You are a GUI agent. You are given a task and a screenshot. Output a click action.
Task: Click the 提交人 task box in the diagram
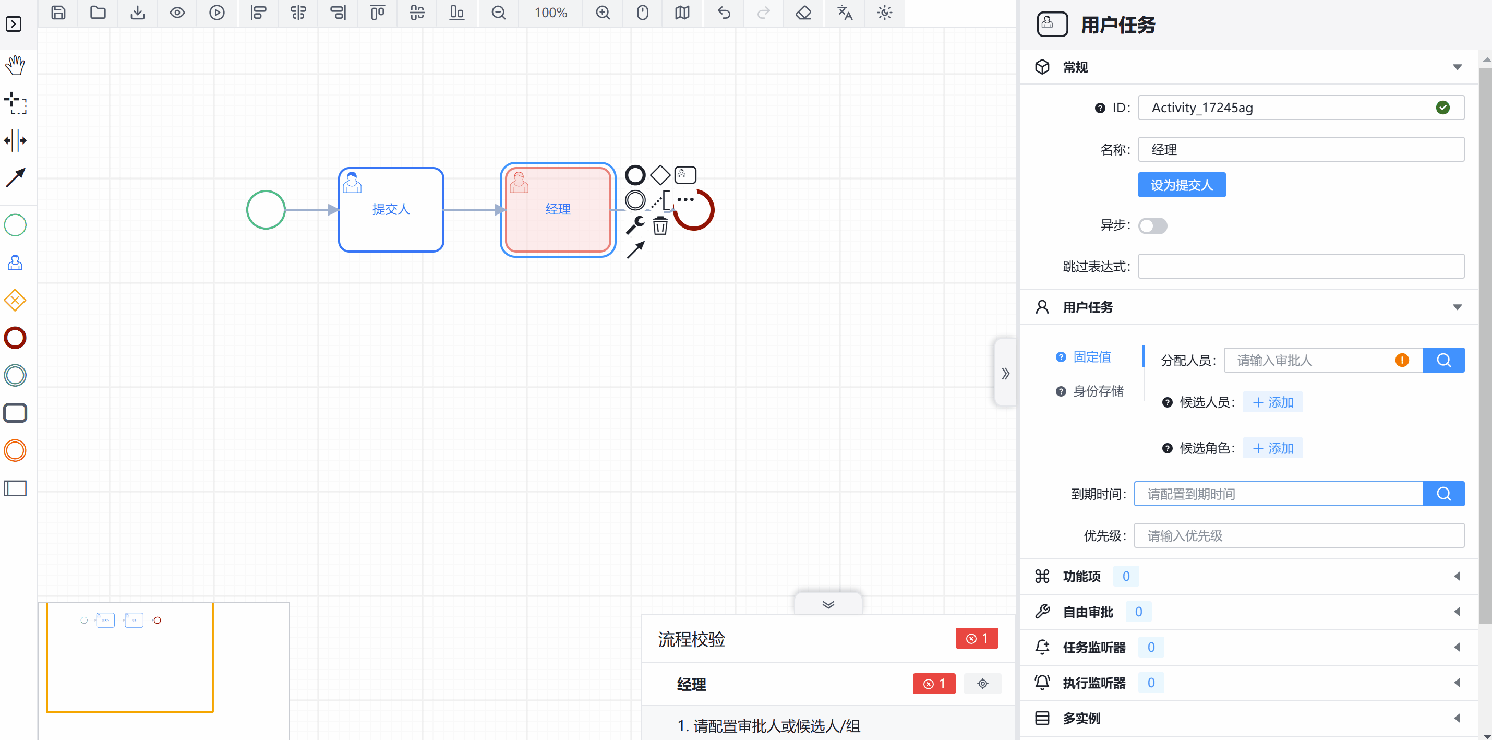(x=391, y=209)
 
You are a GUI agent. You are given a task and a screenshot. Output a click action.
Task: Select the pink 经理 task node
(x=558, y=209)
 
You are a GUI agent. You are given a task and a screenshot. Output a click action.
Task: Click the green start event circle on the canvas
(x=266, y=210)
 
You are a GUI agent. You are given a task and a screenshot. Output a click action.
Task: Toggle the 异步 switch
(x=1152, y=225)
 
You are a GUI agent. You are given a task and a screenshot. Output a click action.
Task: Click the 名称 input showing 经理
(x=1301, y=149)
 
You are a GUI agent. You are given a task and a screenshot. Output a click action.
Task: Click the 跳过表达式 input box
(x=1301, y=267)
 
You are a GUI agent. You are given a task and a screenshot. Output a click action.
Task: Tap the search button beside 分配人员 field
(x=1443, y=361)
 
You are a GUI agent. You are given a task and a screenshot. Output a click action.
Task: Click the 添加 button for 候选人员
(x=1272, y=402)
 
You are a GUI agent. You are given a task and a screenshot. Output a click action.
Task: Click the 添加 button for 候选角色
(x=1272, y=448)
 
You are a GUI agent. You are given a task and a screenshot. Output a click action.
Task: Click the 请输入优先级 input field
(x=1298, y=535)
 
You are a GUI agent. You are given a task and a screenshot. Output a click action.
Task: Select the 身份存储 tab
(x=1097, y=391)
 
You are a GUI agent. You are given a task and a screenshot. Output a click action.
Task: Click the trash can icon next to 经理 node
(x=660, y=225)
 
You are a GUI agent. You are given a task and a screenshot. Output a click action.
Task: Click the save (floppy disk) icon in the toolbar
(x=58, y=13)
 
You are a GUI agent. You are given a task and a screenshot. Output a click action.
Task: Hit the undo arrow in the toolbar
(x=724, y=13)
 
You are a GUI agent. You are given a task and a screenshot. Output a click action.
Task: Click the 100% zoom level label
(x=550, y=13)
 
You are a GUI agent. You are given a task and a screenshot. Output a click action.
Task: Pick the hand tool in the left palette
(x=15, y=65)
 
